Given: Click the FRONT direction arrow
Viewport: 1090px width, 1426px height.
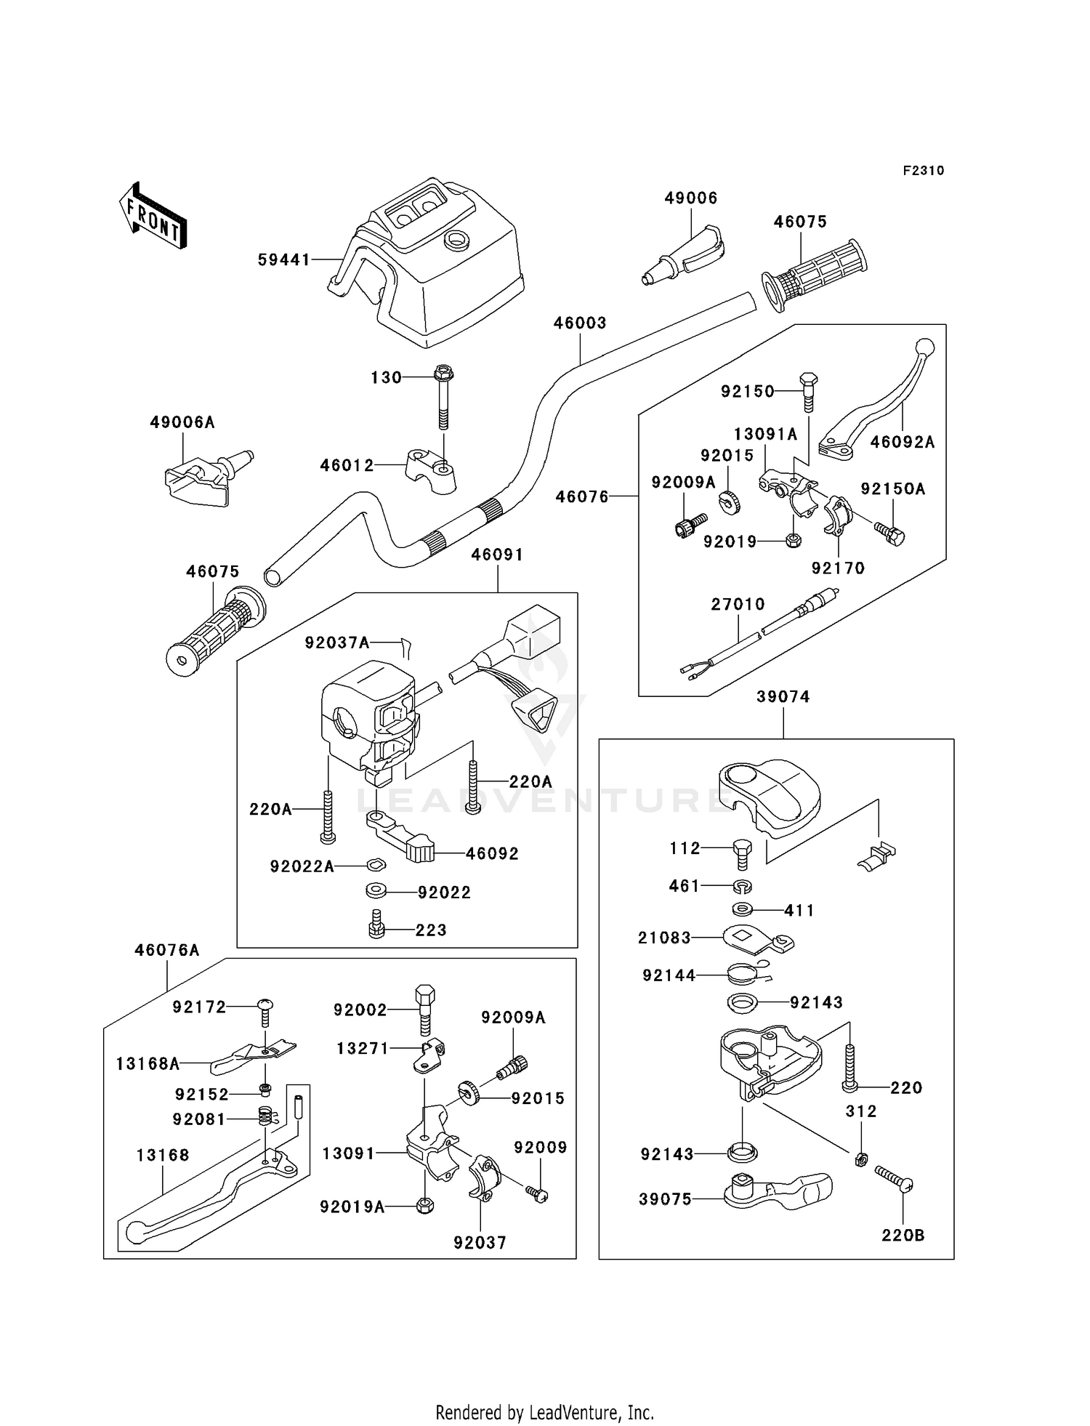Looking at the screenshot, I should (x=153, y=218).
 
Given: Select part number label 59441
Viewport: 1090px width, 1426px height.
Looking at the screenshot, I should (x=284, y=259).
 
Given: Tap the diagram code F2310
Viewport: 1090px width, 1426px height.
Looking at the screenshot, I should (x=924, y=171).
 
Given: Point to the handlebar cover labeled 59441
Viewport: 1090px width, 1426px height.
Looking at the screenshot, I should (x=429, y=269).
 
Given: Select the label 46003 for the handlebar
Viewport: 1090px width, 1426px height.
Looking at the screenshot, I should (x=579, y=323).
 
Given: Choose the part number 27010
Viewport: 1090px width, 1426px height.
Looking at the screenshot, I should (x=738, y=604).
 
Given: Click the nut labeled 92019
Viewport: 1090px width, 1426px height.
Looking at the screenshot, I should (x=794, y=541).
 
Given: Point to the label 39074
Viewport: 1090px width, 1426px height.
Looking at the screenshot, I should (x=783, y=696).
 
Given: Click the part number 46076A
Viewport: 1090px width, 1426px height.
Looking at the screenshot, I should (x=166, y=950).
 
